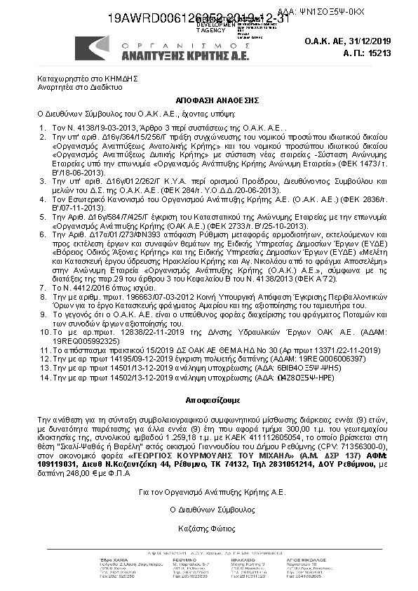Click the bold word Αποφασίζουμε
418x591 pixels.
coord(208,397)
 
